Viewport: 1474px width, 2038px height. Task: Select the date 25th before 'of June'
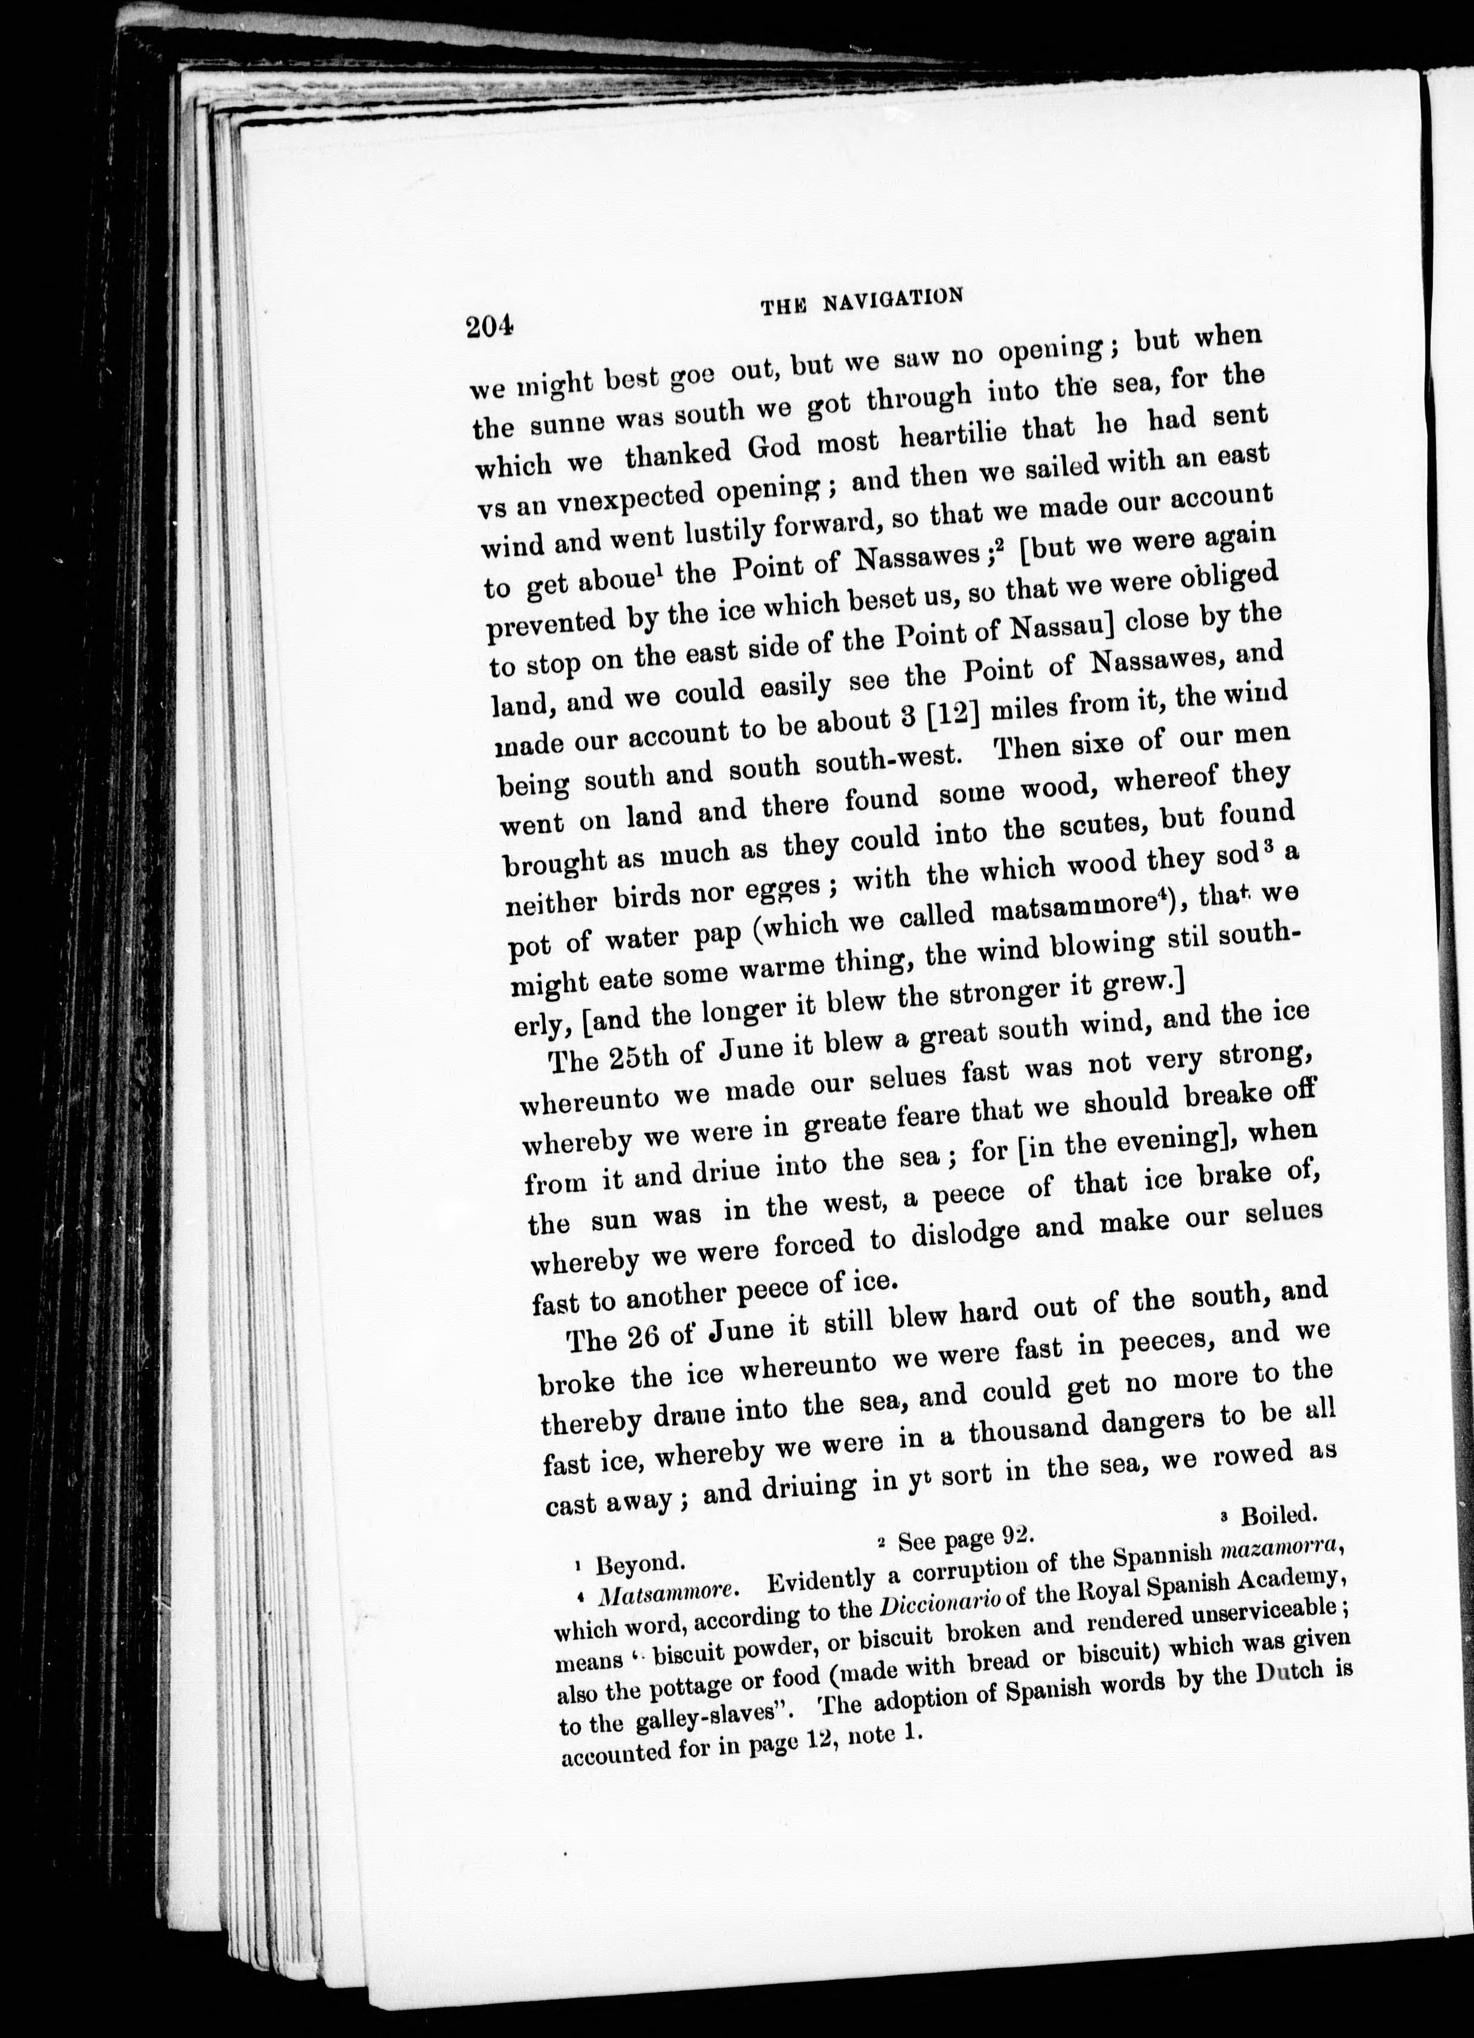(635, 1057)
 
